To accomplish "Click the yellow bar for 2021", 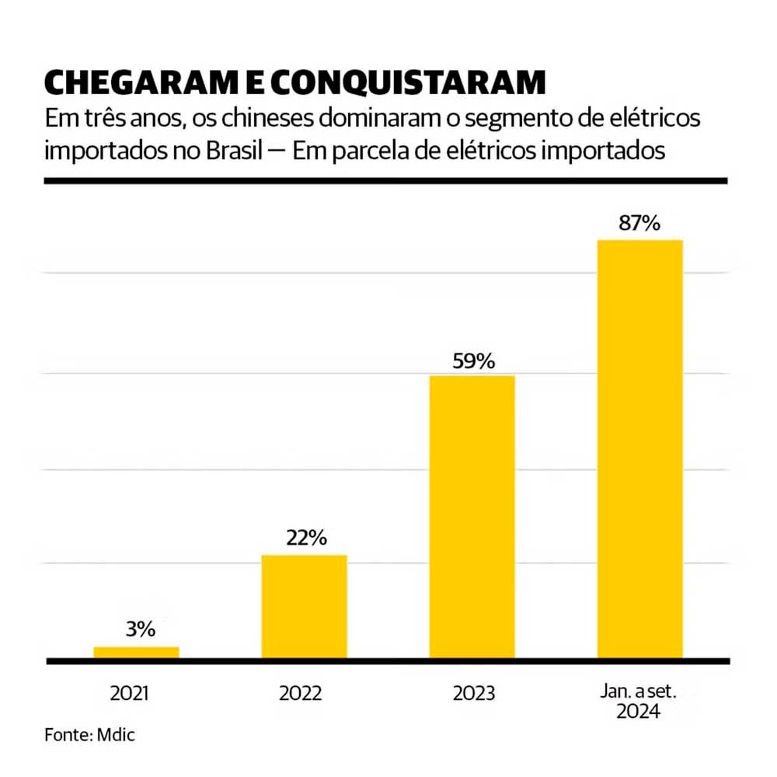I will pyautogui.click(x=136, y=653).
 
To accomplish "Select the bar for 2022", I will pyautogui.click(x=304, y=607).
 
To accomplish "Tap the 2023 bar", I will pyautogui.click(x=472, y=517).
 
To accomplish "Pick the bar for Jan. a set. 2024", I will pyautogui.click(x=639, y=449).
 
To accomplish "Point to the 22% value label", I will pyautogui.click(x=305, y=538).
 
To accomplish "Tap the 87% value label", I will pyautogui.click(x=639, y=224).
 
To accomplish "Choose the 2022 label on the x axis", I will pyautogui.click(x=302, y=693).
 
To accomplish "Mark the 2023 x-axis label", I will pyautogui.click(x=472, y=693).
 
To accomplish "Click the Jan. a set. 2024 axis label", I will pyautogui.click(x=639, y=701).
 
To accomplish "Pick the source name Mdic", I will pyautogui.click(x=117, y=735).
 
